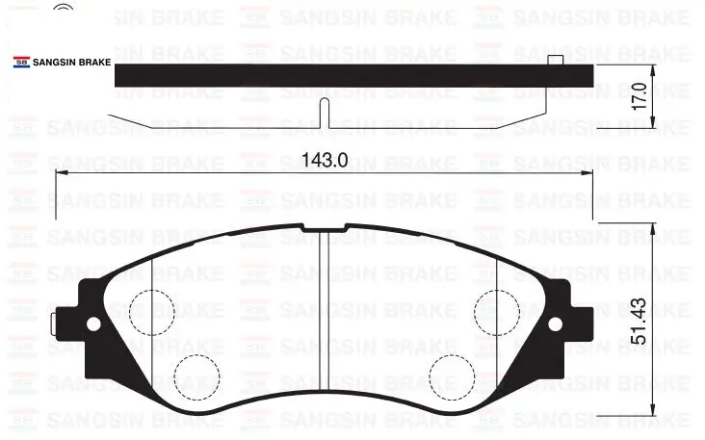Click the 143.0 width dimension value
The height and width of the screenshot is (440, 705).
pos(325,160)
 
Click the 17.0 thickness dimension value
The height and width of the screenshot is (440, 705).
pos(640,96)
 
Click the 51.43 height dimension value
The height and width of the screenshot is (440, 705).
pos(639,322)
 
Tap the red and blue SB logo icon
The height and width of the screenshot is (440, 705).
pos(21,62)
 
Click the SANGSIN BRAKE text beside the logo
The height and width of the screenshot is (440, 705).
pos(72,63)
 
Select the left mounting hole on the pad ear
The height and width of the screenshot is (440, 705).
pos(93,324)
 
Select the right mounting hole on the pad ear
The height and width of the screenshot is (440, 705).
pos(556,324)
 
